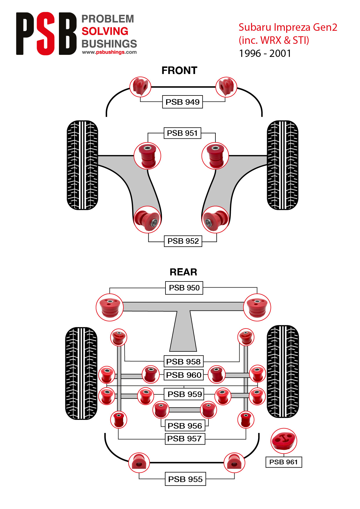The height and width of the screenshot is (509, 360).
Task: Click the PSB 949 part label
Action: click(182, 102)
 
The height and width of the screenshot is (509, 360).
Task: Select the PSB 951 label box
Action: click(182, 133)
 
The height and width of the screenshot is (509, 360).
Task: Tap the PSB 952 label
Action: click(183, 241)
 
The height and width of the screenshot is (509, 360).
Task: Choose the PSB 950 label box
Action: click(184, 288)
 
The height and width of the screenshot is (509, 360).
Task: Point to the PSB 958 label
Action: click(183, 362)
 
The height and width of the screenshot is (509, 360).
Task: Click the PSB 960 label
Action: click(183, 375)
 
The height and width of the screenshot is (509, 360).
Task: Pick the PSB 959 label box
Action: click(184, 394)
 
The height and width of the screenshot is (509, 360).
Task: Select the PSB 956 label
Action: click(185, 426)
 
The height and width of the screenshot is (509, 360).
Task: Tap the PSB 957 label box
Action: click(185, 438)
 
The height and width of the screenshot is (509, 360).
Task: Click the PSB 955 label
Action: click(185, 479)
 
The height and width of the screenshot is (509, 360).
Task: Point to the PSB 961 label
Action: click(284, 462)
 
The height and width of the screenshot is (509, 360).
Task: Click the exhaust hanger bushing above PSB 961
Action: click(284, 441)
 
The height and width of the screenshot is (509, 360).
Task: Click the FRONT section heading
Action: click(179, 71)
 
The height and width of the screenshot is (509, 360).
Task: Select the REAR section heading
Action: click(183, 272)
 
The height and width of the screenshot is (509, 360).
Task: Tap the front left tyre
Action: click(82, 165)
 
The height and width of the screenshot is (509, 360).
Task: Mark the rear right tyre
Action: click(283, 371)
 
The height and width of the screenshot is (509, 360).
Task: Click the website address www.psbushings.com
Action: click(109, 52)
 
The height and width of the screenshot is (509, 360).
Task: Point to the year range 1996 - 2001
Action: click(265, 53)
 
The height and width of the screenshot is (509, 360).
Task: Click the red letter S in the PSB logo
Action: click(46, 34)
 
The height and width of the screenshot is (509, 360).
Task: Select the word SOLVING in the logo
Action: click(105, 31)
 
